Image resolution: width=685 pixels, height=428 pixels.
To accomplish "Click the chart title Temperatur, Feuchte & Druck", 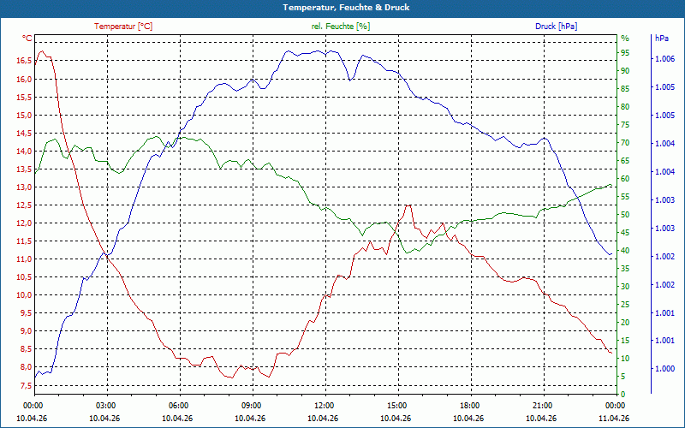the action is point(346,8).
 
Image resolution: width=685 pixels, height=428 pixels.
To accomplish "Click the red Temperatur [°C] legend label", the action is point(123,27).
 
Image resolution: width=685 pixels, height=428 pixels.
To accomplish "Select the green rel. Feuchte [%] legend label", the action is point(340,27).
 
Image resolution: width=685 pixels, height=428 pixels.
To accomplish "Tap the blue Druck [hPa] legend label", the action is point(556,27).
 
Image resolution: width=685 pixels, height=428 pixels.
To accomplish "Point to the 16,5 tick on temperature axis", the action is point(24,61).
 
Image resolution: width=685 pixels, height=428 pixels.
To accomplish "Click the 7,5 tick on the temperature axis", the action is point(26,386).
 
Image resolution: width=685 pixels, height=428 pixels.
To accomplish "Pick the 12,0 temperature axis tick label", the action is point(24,223).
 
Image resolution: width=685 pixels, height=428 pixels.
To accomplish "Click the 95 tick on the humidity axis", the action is point(625,53).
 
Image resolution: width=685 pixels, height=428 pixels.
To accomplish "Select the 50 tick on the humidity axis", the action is point(625,215).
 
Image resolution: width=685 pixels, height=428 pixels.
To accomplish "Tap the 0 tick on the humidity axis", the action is point(623,394).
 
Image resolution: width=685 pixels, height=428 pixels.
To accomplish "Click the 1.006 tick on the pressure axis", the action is point(665,59).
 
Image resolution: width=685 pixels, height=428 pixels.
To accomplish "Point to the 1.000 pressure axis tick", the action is point(665,369).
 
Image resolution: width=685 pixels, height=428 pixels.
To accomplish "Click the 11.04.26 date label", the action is point(614,418).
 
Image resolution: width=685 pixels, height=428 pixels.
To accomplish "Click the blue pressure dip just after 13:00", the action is point(350,80).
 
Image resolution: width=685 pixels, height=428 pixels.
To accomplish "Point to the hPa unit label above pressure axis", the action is point(661,39).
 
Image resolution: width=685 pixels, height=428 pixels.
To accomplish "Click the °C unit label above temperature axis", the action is point(27,39).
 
